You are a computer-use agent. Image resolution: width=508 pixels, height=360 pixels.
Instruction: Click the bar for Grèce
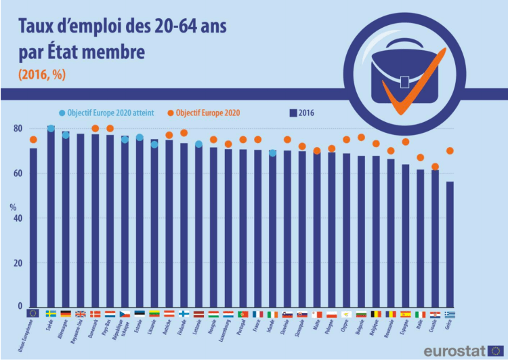point(450,244)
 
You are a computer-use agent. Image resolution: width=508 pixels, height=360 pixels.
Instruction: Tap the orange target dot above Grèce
point(450,151)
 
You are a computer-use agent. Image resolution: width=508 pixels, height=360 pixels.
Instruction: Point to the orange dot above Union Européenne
point(33,140)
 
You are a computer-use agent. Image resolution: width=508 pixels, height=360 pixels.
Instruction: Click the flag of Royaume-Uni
point(81,314)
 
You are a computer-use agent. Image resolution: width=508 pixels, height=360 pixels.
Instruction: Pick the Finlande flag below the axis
point(184,314)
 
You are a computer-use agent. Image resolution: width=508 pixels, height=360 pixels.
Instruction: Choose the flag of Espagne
point(406,314)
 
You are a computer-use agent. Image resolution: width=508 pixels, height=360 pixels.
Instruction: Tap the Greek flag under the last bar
point(450,314)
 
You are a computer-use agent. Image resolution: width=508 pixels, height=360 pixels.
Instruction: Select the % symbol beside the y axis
point(13,207)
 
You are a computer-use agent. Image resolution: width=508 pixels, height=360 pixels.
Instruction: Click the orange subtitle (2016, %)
point(43,75)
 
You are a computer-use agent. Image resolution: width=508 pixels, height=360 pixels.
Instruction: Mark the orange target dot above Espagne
point(406,142)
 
